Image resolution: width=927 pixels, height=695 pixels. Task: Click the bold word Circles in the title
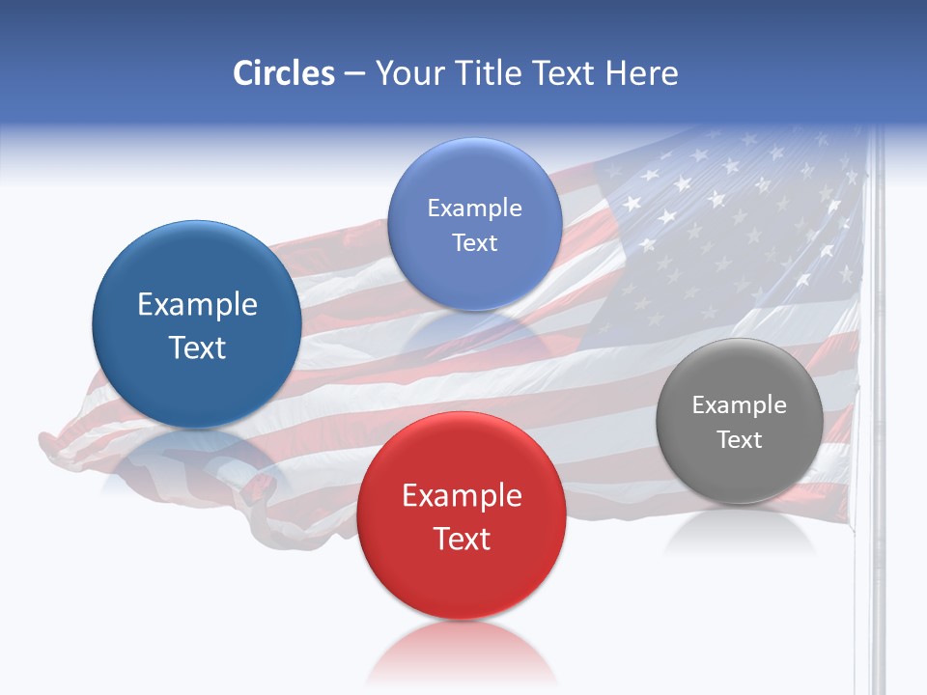284,73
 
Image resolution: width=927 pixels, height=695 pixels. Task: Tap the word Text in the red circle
462,539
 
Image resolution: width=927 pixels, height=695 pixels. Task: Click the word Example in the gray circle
739,405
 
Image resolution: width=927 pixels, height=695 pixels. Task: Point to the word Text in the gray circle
740,440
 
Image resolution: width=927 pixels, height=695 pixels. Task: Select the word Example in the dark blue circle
197,305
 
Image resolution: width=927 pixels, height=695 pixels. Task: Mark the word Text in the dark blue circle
197,347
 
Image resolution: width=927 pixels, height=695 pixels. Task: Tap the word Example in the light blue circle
474,208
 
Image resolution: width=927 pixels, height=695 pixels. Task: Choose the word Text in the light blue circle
474,243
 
